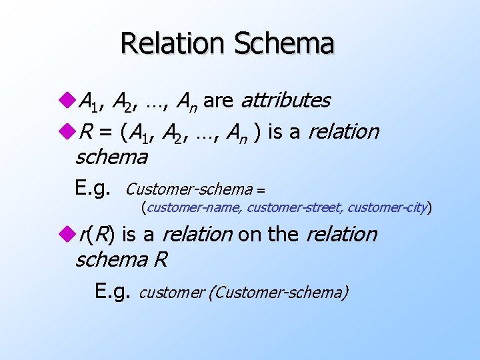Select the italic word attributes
[285, 100]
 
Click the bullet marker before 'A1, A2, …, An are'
[69, 101]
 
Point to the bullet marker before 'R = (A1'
[69, 132]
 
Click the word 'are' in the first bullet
[218, 101]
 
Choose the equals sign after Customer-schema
[261, 190]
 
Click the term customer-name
[194, 207]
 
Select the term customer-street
[295, 207]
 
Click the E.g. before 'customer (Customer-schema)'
[113, 291]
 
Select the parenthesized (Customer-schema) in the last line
[278, 292]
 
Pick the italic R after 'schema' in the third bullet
[160, 259]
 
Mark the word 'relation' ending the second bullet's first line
[343, 132]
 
